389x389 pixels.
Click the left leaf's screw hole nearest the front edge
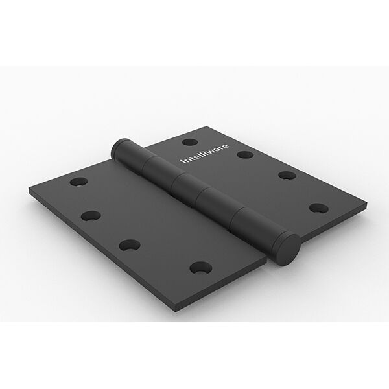click(200, 266)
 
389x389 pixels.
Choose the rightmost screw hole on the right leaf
click(318, 208)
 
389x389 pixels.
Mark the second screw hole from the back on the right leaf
click(244, 154)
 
